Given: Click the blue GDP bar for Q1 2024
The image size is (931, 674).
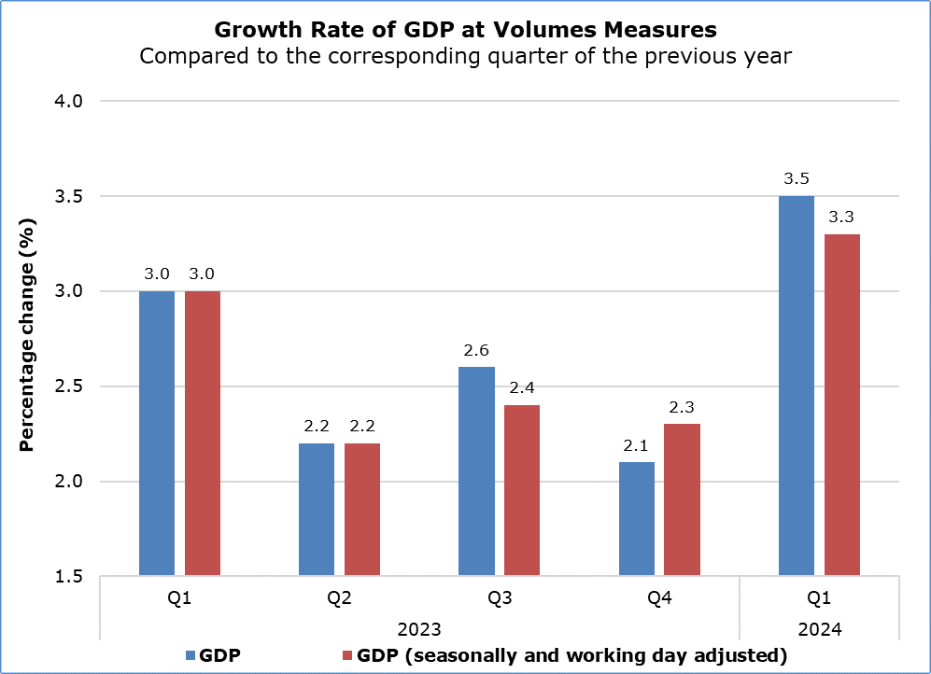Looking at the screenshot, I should pyautogui.click(x=796, y=386).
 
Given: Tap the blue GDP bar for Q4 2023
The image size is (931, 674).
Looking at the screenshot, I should pyautogui.click(x=636, y=518).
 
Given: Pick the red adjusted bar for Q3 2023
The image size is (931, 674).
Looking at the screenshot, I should pyautogui.click(x=522, y=490).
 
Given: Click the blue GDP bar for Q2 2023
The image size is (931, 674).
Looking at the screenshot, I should pyautogui.click(x=317, y=509).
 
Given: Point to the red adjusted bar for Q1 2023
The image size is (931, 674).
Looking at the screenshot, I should pyautogui.click(x=203, y=433).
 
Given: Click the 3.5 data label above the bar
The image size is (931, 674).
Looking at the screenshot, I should pyautogui.click(x=796, y=178).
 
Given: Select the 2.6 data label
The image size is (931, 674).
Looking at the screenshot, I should pyautogui.click(x=476, y=350).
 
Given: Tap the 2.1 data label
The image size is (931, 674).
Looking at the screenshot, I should pyautogui.click(x=636, y=445).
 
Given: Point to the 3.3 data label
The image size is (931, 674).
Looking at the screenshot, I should pyautogui.click(x=841, y=217).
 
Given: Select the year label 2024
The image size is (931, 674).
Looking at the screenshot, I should pyautogui.click(x=819, y=629).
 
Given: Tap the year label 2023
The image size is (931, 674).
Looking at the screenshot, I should pyautogui.click(x=419, y=629).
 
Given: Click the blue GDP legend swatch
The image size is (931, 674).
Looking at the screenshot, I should pyautogui.click(x=193, y=655).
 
